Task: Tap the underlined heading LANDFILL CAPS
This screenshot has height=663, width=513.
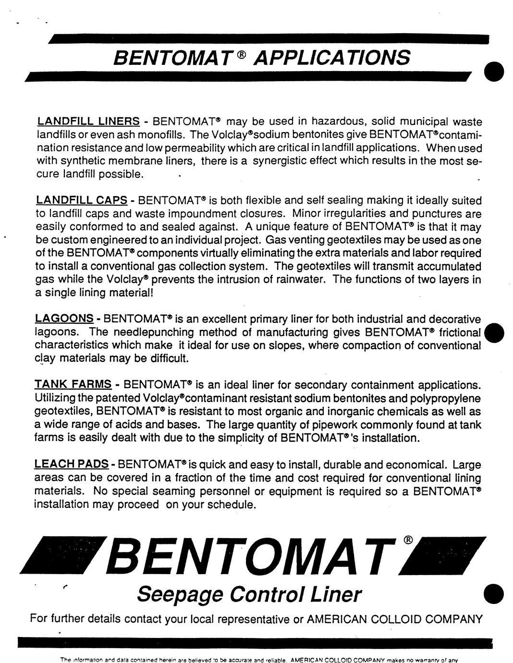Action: tap(82, 200)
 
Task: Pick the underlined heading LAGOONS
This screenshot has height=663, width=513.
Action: tap(64, 319)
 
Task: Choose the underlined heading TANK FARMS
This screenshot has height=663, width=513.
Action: tap(73, 385)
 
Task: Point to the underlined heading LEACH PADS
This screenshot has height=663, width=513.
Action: tap(72, 465)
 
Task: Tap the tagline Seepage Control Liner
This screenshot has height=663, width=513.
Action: tap(248, 594)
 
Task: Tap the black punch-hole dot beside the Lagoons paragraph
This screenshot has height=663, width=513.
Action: tap(494, 332)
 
